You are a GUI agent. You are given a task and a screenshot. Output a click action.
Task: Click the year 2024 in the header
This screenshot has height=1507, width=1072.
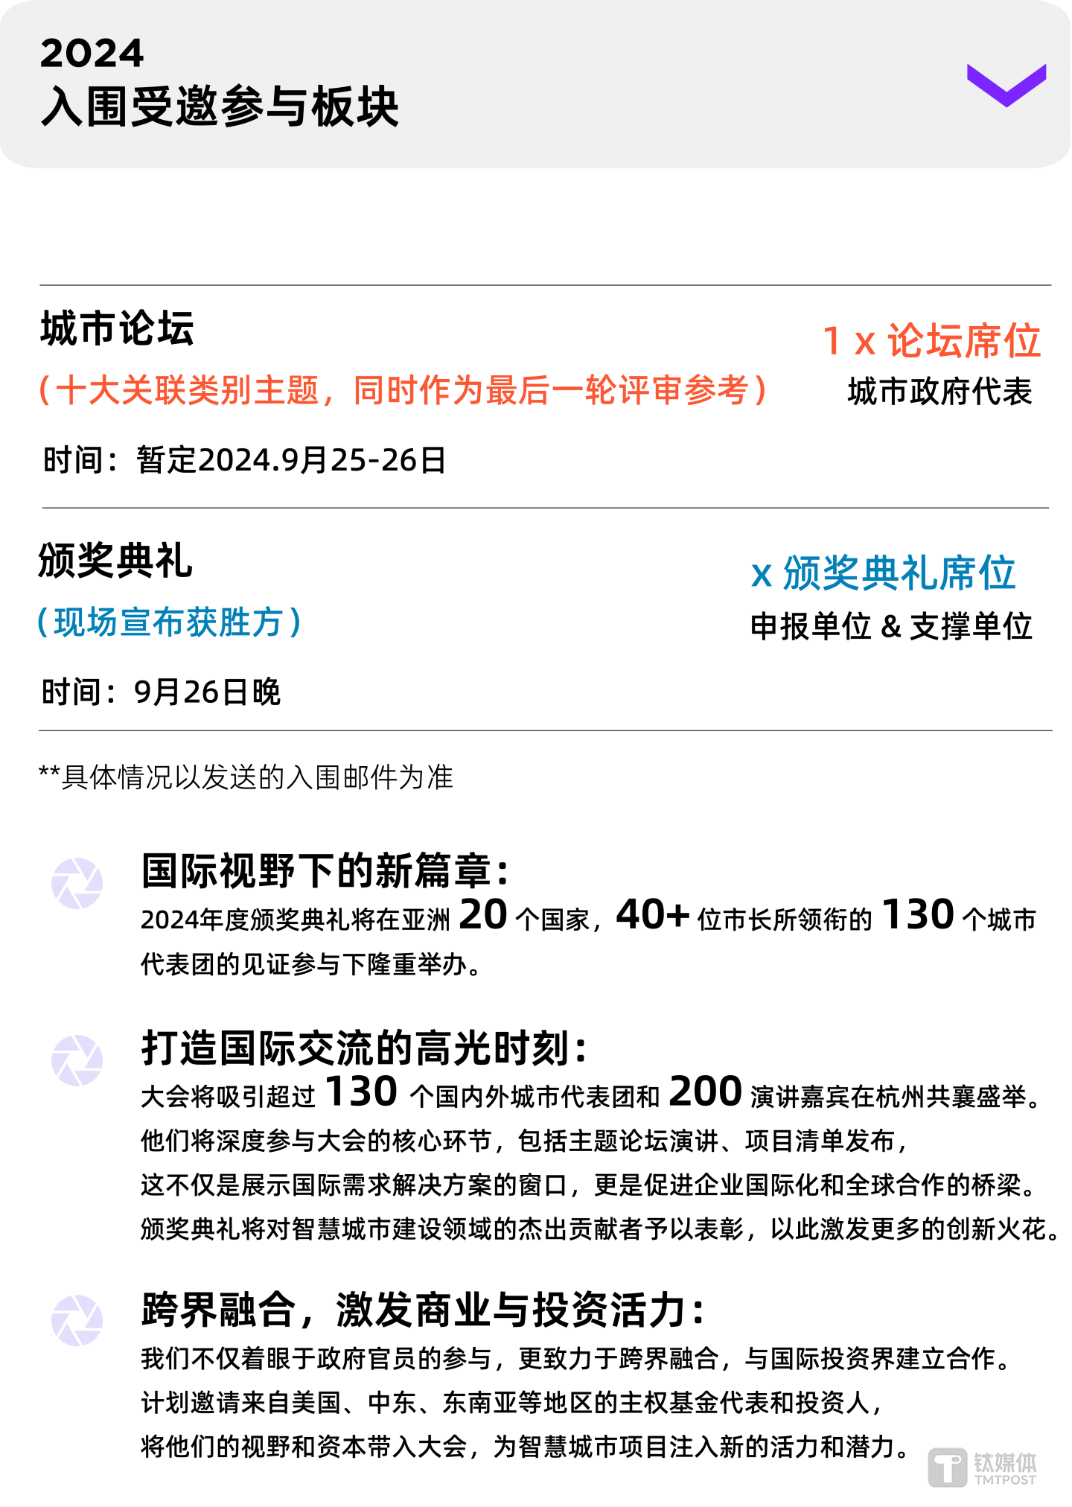(92, 54)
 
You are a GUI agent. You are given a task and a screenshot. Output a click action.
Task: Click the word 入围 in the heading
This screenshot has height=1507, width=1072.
(85, 106)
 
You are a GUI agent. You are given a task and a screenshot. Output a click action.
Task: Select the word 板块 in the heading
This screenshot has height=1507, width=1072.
(355, 106)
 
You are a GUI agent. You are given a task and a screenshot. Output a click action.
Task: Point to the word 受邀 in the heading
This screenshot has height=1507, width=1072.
(175, 106)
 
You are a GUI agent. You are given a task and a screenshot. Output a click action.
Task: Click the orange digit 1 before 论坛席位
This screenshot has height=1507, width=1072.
(832, 341)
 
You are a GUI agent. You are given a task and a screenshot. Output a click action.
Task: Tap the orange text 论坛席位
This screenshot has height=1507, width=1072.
(964, 341)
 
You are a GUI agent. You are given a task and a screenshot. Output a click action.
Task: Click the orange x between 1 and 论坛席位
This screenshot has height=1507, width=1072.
(864, 342)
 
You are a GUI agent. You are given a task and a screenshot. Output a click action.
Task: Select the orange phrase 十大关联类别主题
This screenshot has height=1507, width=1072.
(188, 390)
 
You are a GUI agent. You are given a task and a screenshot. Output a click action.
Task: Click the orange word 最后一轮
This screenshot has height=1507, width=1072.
(551, 390)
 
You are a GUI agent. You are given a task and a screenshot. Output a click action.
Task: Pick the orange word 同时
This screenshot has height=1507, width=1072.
(386, 390)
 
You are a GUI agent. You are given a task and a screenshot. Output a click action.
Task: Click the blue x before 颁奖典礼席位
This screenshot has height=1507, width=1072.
(761, 575)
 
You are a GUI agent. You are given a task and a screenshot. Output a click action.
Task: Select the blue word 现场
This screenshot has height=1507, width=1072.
(86, 622)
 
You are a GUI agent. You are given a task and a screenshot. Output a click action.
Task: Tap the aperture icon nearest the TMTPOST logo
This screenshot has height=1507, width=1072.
(77, 1321)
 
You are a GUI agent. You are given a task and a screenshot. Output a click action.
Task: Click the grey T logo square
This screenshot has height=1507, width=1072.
(948, 1468)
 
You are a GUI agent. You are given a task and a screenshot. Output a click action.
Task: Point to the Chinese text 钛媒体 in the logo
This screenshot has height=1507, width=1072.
(1005, 1462)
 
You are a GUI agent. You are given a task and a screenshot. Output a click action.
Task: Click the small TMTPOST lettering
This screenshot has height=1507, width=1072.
(1005, 1479)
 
